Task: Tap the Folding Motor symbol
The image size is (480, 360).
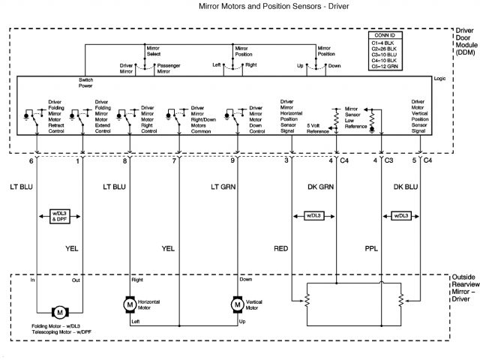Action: click(x=59, y=311)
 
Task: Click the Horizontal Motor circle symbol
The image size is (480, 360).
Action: click(x=129, y=304)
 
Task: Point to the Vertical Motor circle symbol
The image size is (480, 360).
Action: click(x=236, y=304)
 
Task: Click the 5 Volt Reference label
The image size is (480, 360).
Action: click(x=318, y=128)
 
